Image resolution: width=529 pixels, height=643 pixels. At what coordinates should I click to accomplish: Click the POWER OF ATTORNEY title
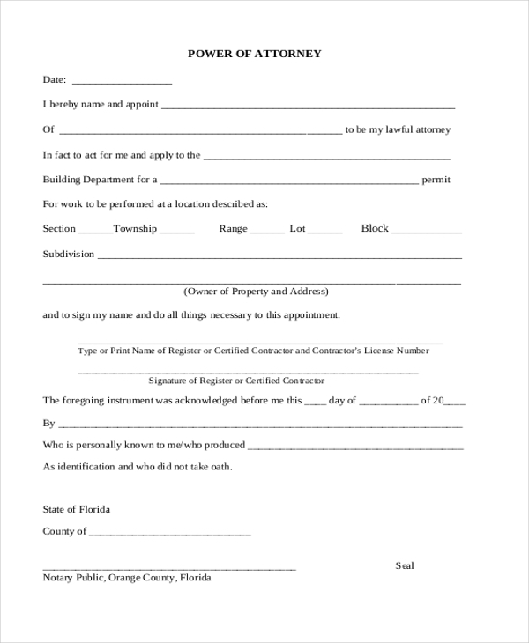[255, 54]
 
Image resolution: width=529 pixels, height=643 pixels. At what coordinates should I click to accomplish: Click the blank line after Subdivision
[279, 256]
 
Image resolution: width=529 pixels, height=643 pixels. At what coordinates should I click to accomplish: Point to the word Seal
[405, 565]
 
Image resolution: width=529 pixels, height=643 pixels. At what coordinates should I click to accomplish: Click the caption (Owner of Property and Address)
[256, 291]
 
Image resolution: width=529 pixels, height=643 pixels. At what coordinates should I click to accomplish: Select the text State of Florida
[77, 509]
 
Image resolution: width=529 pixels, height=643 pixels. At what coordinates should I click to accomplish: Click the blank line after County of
[170, 534]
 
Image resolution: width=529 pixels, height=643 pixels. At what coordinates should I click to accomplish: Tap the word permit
[436, 180]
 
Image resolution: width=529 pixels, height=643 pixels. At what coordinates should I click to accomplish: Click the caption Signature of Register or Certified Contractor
[236, 381]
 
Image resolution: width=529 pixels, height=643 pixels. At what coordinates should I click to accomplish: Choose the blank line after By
[260, 425]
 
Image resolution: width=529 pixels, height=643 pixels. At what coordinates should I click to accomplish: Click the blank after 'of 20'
[455, 402]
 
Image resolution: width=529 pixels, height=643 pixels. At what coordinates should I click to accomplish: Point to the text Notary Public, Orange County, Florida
[127, 579]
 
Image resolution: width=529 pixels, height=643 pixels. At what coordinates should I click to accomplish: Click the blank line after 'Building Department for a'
[289, 181]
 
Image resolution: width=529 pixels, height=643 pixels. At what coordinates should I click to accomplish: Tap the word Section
[60, 229]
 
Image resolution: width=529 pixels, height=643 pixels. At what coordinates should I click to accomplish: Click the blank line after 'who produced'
[355, 447]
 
